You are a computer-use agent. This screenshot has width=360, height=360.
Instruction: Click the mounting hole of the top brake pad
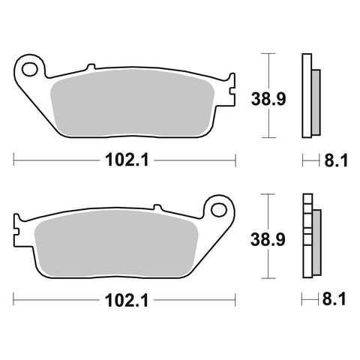pyautogui.click(x=31, y=70)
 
